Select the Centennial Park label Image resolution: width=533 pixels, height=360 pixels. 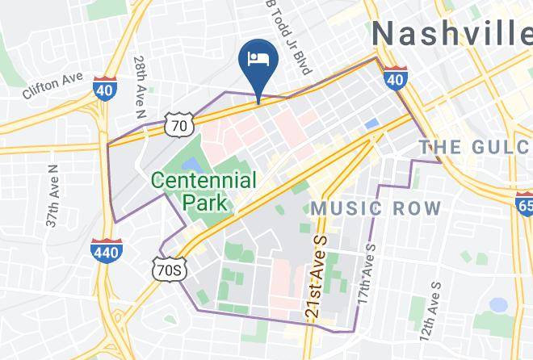click(204, 191)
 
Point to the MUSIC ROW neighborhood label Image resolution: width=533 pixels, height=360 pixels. click(376, 208)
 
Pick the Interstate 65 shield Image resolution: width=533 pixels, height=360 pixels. click(524, 199)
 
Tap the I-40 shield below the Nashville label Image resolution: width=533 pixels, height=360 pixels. click(394, 77)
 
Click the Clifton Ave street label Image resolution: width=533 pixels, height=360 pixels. click(53, 84)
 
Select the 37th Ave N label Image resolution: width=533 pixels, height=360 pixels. click(53, 195)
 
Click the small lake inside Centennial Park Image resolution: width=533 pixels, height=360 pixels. click(193, 165)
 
